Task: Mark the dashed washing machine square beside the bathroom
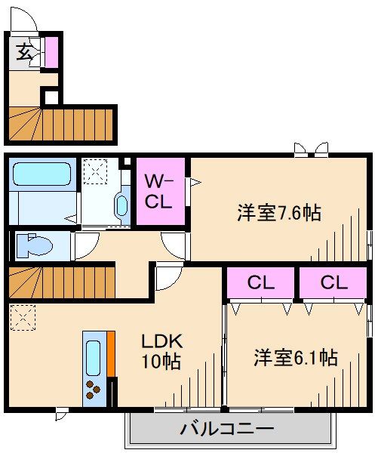click(x=96, y=172)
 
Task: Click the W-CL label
click(x=160, y=191)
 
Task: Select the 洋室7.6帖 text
click(x=279, y=213)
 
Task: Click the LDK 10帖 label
click(x=161, y=351)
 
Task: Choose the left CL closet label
click(x=260, y=284)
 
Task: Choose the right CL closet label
click(x=331, y=284)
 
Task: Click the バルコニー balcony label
click(x=226, y=430)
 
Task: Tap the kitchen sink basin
click(x=94, y=355)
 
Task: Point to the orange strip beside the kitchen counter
click(x=110, y=354)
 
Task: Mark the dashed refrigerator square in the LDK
click(x=22, y=316)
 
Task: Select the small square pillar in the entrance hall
click(x=50, y=96)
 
